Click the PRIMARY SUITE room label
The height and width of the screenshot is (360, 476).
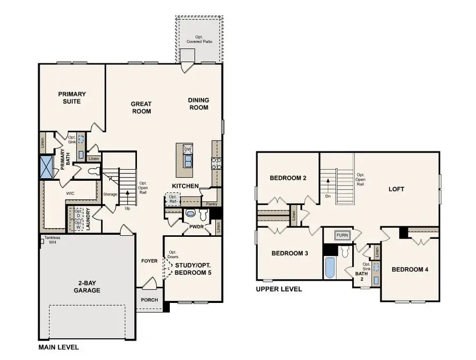pyautogui.click(x=72, y=97)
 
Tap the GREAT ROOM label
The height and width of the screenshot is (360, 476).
pyautogui.click(x=141, y=107)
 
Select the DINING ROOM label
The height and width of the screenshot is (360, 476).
pyautogui.click(x=198, y=104)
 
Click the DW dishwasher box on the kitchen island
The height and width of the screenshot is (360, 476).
pyautogui.click(x=187, y=150)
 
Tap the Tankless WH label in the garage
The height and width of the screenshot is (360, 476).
pyautogui.click(x=52, y=240)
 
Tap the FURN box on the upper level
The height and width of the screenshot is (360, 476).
pyautogui.click(x=343, y=234)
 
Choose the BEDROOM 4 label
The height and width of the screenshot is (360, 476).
pyautogui.click(x=410, y=270)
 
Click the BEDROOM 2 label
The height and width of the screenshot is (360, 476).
pyautogui.click(x=288, y=178)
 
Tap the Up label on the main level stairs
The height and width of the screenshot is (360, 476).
pyautogui.click(x=127, y=208)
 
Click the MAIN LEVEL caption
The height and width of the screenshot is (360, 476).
pyautogui.click(x=59, y=347)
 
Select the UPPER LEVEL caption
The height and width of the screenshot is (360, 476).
pyautogui.click(x=279, y=289)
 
